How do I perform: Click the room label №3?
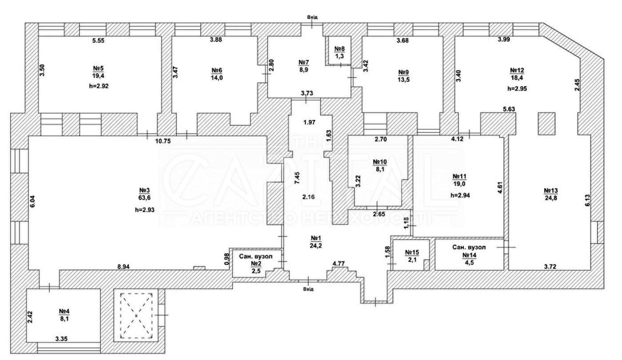[143, 188]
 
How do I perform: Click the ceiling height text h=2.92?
[99, 86]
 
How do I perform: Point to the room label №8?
[340, 48]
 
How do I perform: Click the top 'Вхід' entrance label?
[313, 17]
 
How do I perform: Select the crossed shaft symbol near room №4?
[136, 315]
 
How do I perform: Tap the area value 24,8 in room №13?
[551, 198]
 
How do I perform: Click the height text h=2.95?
[517, 88]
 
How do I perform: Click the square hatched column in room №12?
[547, 123]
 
